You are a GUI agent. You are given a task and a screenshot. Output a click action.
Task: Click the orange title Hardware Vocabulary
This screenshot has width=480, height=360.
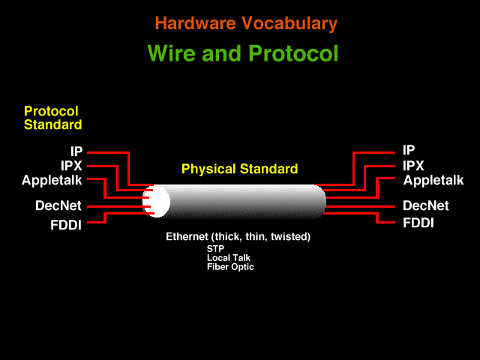tap(246, 23)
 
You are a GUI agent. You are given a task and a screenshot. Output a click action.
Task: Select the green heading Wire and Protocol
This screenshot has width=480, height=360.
tap(243, 53)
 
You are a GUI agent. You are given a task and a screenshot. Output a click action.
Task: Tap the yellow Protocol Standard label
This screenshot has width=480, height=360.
tap(53, 118)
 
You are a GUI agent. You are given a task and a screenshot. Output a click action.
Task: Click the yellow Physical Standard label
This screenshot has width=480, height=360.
tap(240, 169)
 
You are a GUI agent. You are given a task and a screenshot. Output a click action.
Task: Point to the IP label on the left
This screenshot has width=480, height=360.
tap(76, 151)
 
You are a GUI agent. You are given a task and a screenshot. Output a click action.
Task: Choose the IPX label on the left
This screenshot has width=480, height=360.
tap(71, 166)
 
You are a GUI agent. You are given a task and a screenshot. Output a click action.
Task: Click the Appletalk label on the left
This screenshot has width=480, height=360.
tap(52, 180)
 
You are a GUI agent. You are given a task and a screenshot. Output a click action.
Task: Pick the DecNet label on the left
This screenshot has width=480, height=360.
tap(58, 205)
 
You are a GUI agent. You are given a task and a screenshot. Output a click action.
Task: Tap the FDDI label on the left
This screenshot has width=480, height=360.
tap(66, 225)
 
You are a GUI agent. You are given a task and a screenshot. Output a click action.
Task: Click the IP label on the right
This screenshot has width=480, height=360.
tap(409, 150)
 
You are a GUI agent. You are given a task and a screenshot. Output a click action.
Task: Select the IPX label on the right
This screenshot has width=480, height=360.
tap(413, 166)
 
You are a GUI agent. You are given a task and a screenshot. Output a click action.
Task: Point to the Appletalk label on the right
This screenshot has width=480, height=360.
tap(433, 180)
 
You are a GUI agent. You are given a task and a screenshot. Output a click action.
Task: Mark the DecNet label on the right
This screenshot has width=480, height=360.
tap(426, 205)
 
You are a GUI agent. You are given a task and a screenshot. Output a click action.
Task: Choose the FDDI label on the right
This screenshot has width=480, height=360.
tap(418, 223)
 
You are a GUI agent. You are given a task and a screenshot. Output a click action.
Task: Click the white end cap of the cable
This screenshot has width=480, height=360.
tap(157, 201)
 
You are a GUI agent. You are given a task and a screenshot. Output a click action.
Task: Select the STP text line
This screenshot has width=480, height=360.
tap(215, 248)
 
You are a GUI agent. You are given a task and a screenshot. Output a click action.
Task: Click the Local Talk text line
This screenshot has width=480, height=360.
tap(229, 258)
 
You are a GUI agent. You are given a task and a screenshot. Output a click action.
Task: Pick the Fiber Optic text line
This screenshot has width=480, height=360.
tap(230, 267)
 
